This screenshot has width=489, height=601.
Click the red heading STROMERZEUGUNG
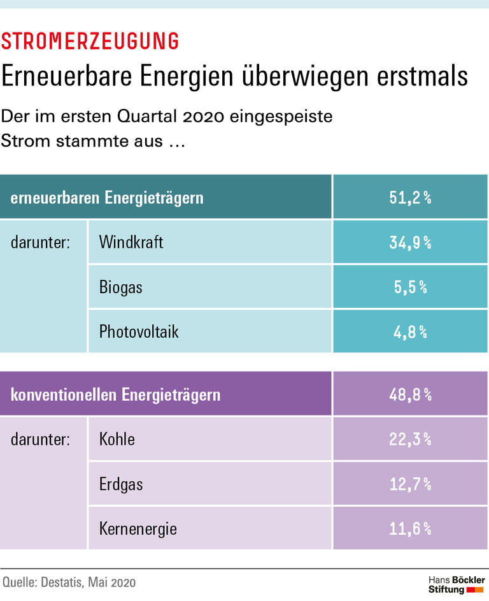click(x=90, y=41)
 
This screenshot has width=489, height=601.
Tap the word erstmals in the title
click(x=420, y=76)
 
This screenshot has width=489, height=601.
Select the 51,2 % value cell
click(x=410, y=198)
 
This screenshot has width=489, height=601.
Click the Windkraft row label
click(x=131, y=242)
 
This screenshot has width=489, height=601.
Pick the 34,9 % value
click(x=410, y=242)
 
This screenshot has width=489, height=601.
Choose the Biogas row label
click(x=121, y=287)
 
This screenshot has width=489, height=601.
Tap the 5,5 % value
click(x=410, y=287)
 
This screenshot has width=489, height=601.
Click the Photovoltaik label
click(x=139, y=331)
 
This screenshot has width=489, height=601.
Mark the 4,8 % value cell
click(x=410, y=331)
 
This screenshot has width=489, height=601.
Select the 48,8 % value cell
click(x=410, y=395)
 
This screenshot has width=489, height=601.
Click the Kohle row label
click(x=117, y=439)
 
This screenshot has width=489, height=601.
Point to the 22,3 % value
click(x=410, y=439)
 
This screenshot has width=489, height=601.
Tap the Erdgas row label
click(x=121, y=484)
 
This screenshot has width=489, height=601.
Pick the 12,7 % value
click(x=410, y=484)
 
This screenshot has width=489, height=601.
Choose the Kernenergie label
click(x=138, y=528)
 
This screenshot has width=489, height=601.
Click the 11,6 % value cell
click(x=410, y=528)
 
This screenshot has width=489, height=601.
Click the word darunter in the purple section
click(x=40, y=439)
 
